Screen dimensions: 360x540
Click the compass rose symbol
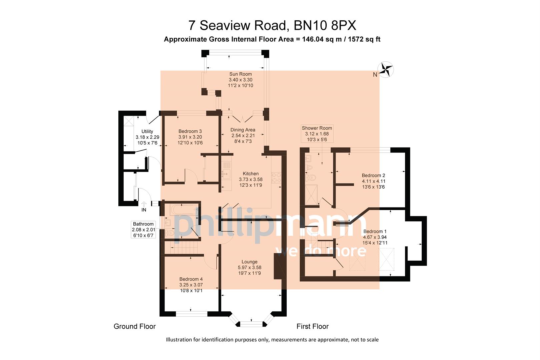click(387, 70)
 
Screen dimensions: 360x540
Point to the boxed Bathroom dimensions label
click(143, 230)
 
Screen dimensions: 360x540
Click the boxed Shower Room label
click(317, 134)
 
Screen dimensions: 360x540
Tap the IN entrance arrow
click(144, 204)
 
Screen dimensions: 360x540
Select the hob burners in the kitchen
click(276, 178)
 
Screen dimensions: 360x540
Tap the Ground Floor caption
click(134, 326)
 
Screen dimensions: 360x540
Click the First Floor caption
click(312, 326)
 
